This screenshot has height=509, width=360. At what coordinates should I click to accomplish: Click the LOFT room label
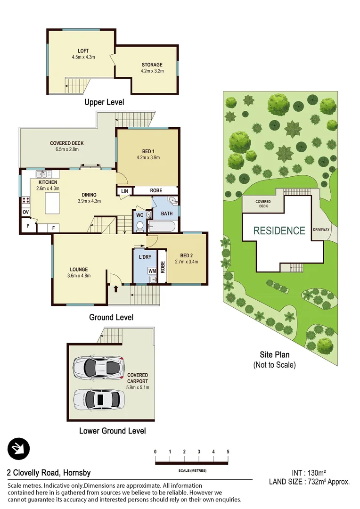click(x=83, y=51)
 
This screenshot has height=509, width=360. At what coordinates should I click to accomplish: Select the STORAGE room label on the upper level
click(x=152, y=65)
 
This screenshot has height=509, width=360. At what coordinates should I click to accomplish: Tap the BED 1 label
click(x=148, y=151)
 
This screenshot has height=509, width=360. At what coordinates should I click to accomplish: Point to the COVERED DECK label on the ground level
click(x=67, y=143)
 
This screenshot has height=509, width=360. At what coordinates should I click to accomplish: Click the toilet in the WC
click(x=139, y=226)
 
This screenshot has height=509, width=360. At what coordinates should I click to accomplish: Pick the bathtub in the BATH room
click(x=163, y=227)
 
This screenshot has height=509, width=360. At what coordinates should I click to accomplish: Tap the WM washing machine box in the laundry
click(x=152, y=271)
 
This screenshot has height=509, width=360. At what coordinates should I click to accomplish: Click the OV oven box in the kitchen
click(x=25, y=212)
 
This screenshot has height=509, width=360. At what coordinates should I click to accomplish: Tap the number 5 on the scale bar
click(x=228, y=452)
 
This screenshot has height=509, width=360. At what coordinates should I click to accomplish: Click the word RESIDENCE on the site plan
click(x=279, y=230)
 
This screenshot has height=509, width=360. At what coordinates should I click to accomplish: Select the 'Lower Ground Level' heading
click(x=112, y=431)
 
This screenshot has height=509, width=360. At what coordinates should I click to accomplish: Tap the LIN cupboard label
click(x=124, y=190)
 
